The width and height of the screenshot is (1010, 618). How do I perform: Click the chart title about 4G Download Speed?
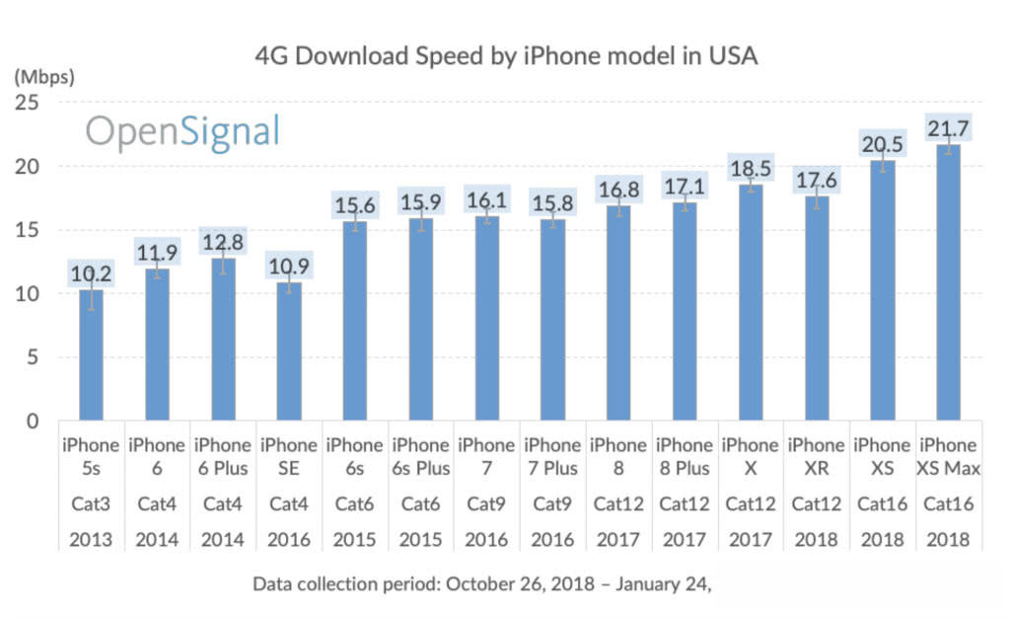click(x=506, y=56)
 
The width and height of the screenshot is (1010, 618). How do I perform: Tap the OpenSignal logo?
click(x=182, y=131)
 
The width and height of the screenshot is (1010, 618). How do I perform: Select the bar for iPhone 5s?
click(x=91, y=355)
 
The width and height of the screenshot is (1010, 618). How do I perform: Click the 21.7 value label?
click(x=949, y=126)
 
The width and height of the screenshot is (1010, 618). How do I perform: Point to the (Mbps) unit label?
click(x=43, y=74)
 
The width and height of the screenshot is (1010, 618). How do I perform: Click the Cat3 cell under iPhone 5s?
click(x=91, y=504)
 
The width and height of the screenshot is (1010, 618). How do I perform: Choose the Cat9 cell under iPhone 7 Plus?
click(x=552, y=504)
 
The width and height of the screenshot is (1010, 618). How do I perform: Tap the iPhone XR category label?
click(x=817, y=457)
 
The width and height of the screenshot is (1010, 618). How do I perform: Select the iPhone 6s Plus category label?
click(x=421, y=457)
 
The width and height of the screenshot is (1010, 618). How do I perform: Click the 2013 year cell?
click(x=91, y=540)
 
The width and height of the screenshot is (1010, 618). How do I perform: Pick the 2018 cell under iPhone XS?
click(x=883, y=540)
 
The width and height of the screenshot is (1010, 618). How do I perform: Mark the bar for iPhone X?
click(x=751, y=306)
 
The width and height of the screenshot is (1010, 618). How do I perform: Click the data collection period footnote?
click(x=482, y=583)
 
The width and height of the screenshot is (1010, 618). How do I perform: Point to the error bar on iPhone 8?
click(x=618, y=205)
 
